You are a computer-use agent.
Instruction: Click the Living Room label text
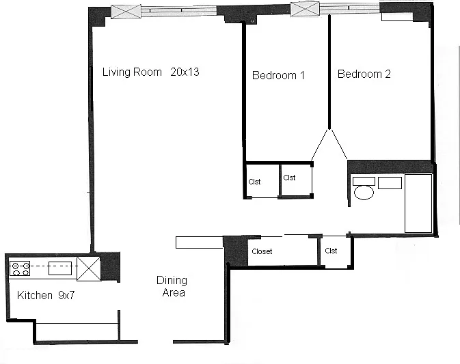(x=132, y=72)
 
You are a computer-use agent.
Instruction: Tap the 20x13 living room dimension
(x=185, y=72)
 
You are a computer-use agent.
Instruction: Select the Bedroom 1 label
(x=278, y=75)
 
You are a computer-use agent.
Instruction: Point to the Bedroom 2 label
(x=364, y=74)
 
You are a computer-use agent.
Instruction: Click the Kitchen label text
(x=35, y=295)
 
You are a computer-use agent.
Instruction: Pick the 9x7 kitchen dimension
(x=66, y=295)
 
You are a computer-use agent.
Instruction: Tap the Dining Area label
(x=172, y=286)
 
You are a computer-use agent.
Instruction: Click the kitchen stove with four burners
(x=20, y=269)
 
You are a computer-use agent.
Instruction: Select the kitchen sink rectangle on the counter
(x=60, y=268)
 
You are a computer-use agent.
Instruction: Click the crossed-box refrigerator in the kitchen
(x=89, y=269)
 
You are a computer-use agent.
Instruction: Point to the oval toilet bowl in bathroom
(x=364, y=193)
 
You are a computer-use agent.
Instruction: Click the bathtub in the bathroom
(x=418, y=203)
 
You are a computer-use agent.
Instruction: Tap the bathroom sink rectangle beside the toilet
(x=390, y=183)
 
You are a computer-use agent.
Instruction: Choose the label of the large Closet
(x=262, y=251)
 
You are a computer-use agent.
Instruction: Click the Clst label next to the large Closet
(x=331, y=251)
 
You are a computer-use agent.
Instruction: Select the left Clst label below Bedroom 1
(x=254, y=182)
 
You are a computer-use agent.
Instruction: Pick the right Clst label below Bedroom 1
(x=289, y=178)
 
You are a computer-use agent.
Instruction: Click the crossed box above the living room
(x=126, y=12)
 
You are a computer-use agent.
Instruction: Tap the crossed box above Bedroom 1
(x=305, y=8)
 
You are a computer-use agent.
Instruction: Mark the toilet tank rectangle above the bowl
(x=364, y=181)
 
